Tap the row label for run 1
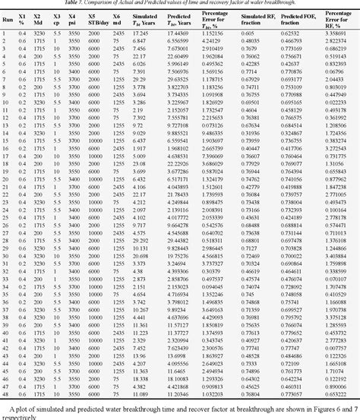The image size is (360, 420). point(5,34)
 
